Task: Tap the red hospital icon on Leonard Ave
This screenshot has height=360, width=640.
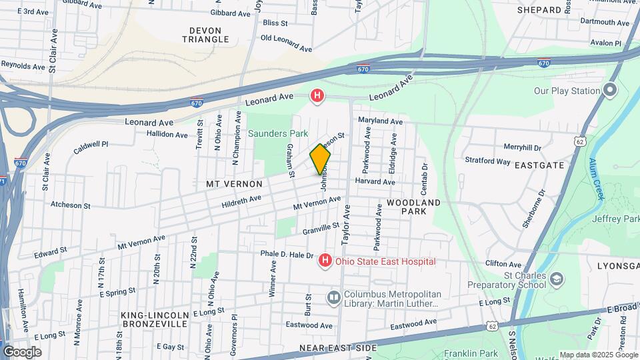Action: [x=317, y=96]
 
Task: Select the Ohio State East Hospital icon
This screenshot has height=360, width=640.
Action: [x=325, y=261]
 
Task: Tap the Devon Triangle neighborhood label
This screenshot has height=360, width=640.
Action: [x=209, y=35]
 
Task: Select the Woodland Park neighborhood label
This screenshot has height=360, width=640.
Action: [x=413, y=206]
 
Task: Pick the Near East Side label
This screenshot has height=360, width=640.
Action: [x=338, y=348]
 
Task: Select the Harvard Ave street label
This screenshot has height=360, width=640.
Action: [x=375, y=181]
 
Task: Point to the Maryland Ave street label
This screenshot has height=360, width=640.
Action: [x=380, y=121]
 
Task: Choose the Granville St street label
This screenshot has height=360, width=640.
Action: [x=312, y=229]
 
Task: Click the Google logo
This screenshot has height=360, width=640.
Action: [x=23, y=351]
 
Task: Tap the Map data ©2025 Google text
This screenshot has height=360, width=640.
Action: [x=598, y=355]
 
